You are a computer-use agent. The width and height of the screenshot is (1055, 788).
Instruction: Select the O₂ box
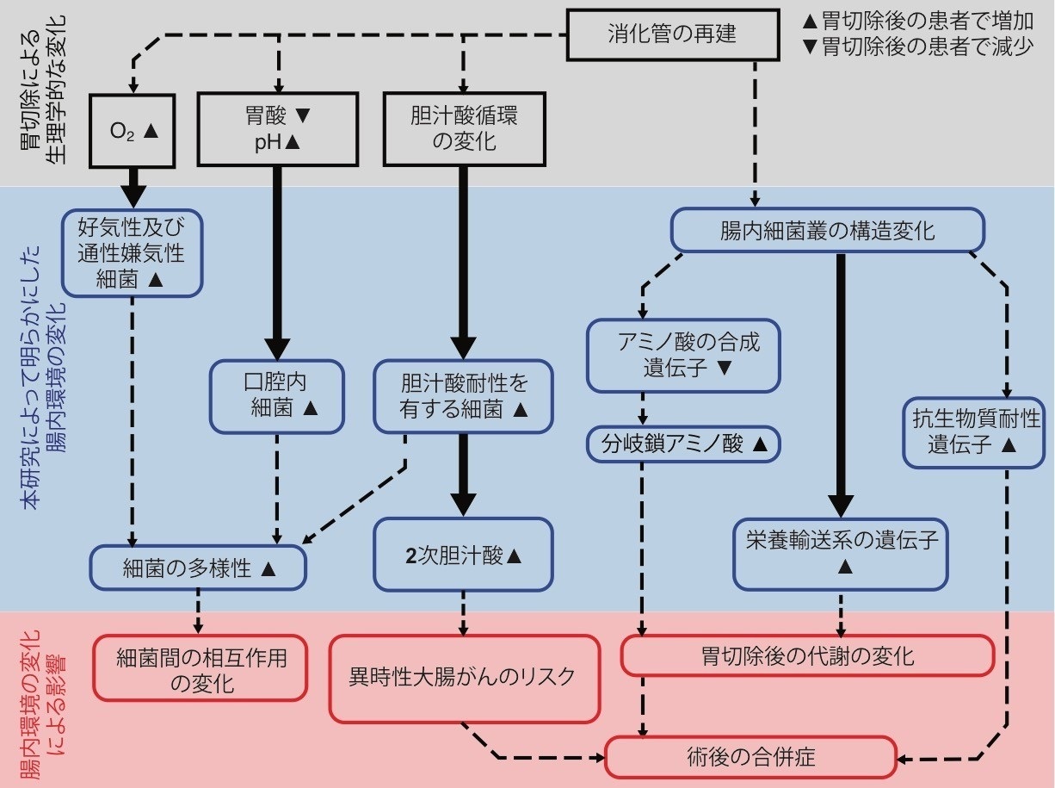coord(133,129)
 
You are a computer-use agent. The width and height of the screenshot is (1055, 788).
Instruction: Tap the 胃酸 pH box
coord(277,129)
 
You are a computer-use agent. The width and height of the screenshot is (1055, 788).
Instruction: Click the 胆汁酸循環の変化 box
coord(464,129)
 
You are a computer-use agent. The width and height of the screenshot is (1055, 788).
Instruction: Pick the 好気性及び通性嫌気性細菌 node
coord(132,253)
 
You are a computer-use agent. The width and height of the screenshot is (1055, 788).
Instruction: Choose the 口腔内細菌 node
coord(277,395)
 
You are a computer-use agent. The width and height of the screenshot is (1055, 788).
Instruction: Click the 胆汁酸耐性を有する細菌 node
coord(464,395)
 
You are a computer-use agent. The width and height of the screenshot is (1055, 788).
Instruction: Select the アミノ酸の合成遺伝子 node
coord(684,355)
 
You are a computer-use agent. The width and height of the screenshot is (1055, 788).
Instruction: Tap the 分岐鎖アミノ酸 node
coord(684,444)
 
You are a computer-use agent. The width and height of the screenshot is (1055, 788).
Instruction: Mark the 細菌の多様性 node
coord(199,568)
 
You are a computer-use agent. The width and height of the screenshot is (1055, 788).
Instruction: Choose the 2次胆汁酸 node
coord(464,555)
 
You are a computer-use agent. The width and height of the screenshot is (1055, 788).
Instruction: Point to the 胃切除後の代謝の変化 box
coord(807,656)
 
